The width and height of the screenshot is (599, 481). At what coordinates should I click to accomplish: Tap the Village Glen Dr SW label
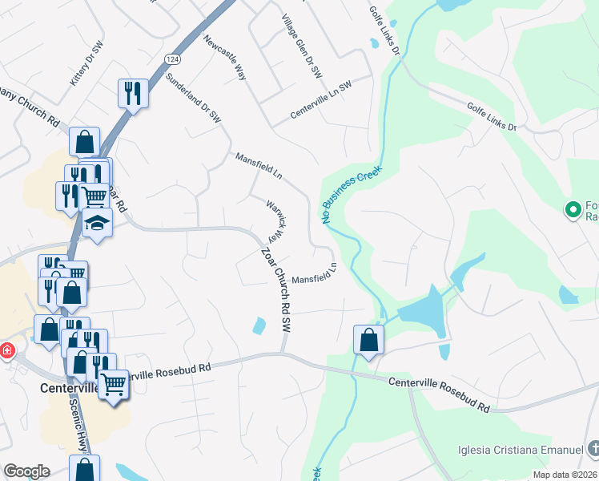point(302,46)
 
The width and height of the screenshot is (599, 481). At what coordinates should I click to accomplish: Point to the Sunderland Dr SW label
point(192,98)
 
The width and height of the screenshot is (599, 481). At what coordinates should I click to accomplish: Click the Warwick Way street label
point(276,220)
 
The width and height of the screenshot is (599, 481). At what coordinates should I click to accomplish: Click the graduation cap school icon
point(97,222)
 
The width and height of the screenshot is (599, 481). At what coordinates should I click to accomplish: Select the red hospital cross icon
point(6,351)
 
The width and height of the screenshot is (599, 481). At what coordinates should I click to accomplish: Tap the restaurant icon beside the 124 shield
point(132,93)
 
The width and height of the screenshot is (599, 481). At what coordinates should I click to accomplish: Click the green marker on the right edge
point(573,210)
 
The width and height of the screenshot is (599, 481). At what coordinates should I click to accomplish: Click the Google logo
point(26,471)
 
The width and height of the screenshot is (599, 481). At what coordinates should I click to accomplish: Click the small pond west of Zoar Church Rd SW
point(259,325)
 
